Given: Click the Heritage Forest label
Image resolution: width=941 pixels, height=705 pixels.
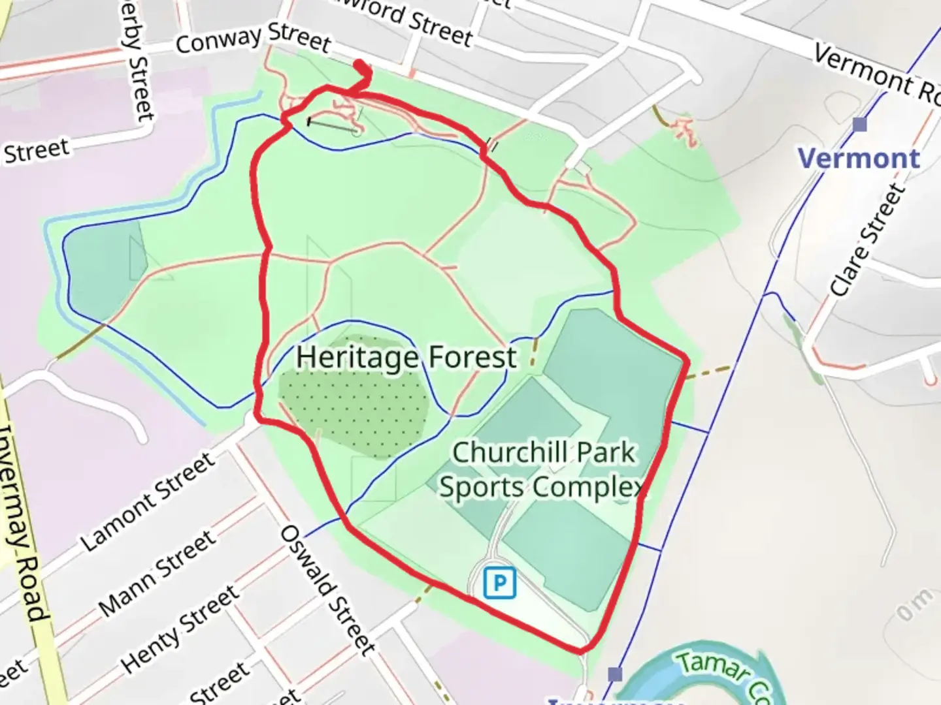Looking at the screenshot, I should click(x=406, y=358).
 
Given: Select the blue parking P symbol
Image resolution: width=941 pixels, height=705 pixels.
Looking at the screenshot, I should click(x=500, y=582).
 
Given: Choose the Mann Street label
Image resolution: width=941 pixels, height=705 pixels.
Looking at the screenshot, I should click(x=157, y=574).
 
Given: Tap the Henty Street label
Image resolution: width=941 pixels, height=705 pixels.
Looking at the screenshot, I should click(x=180, y=629).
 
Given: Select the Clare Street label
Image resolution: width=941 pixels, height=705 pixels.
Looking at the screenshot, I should click(x=867, y=240).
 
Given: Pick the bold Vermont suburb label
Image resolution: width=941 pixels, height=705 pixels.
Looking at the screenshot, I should click(x=859, y=159).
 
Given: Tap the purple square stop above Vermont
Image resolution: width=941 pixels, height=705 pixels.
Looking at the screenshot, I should click(x=860, y=124).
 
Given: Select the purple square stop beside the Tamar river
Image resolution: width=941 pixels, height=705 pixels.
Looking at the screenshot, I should click(x=614, y=674).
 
